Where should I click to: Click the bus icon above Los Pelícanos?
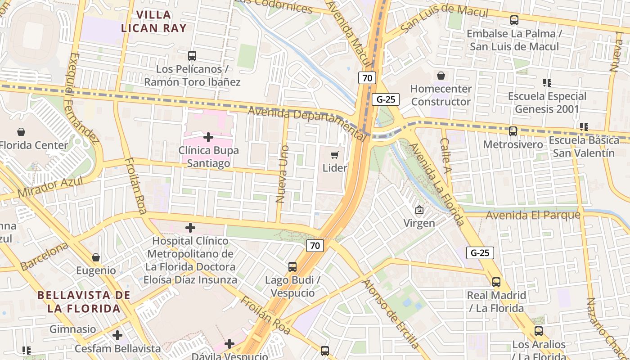tap(192, 56)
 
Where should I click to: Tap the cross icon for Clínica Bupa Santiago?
tap(208, 137)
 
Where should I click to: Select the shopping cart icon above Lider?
tap(334, 155)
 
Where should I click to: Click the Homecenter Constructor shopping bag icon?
tap(441, 76)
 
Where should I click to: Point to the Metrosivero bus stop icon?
tap(513, 131)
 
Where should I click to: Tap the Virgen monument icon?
tap(419, 210)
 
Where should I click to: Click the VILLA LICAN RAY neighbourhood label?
tap(153, 21)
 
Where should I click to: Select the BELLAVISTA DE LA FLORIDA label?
tap(84, 302)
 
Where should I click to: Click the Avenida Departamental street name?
tap(308, 121)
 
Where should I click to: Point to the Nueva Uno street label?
tap(282, 174)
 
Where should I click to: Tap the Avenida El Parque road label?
tap(533, 216)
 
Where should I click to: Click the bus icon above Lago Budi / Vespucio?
tap(292, 267)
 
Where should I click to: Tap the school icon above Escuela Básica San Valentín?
tap(584, 127)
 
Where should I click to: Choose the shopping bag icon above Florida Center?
tap(21, 132)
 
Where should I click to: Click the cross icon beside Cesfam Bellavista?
tap(117, 335)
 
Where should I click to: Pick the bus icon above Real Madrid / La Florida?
tap(496, 282)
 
